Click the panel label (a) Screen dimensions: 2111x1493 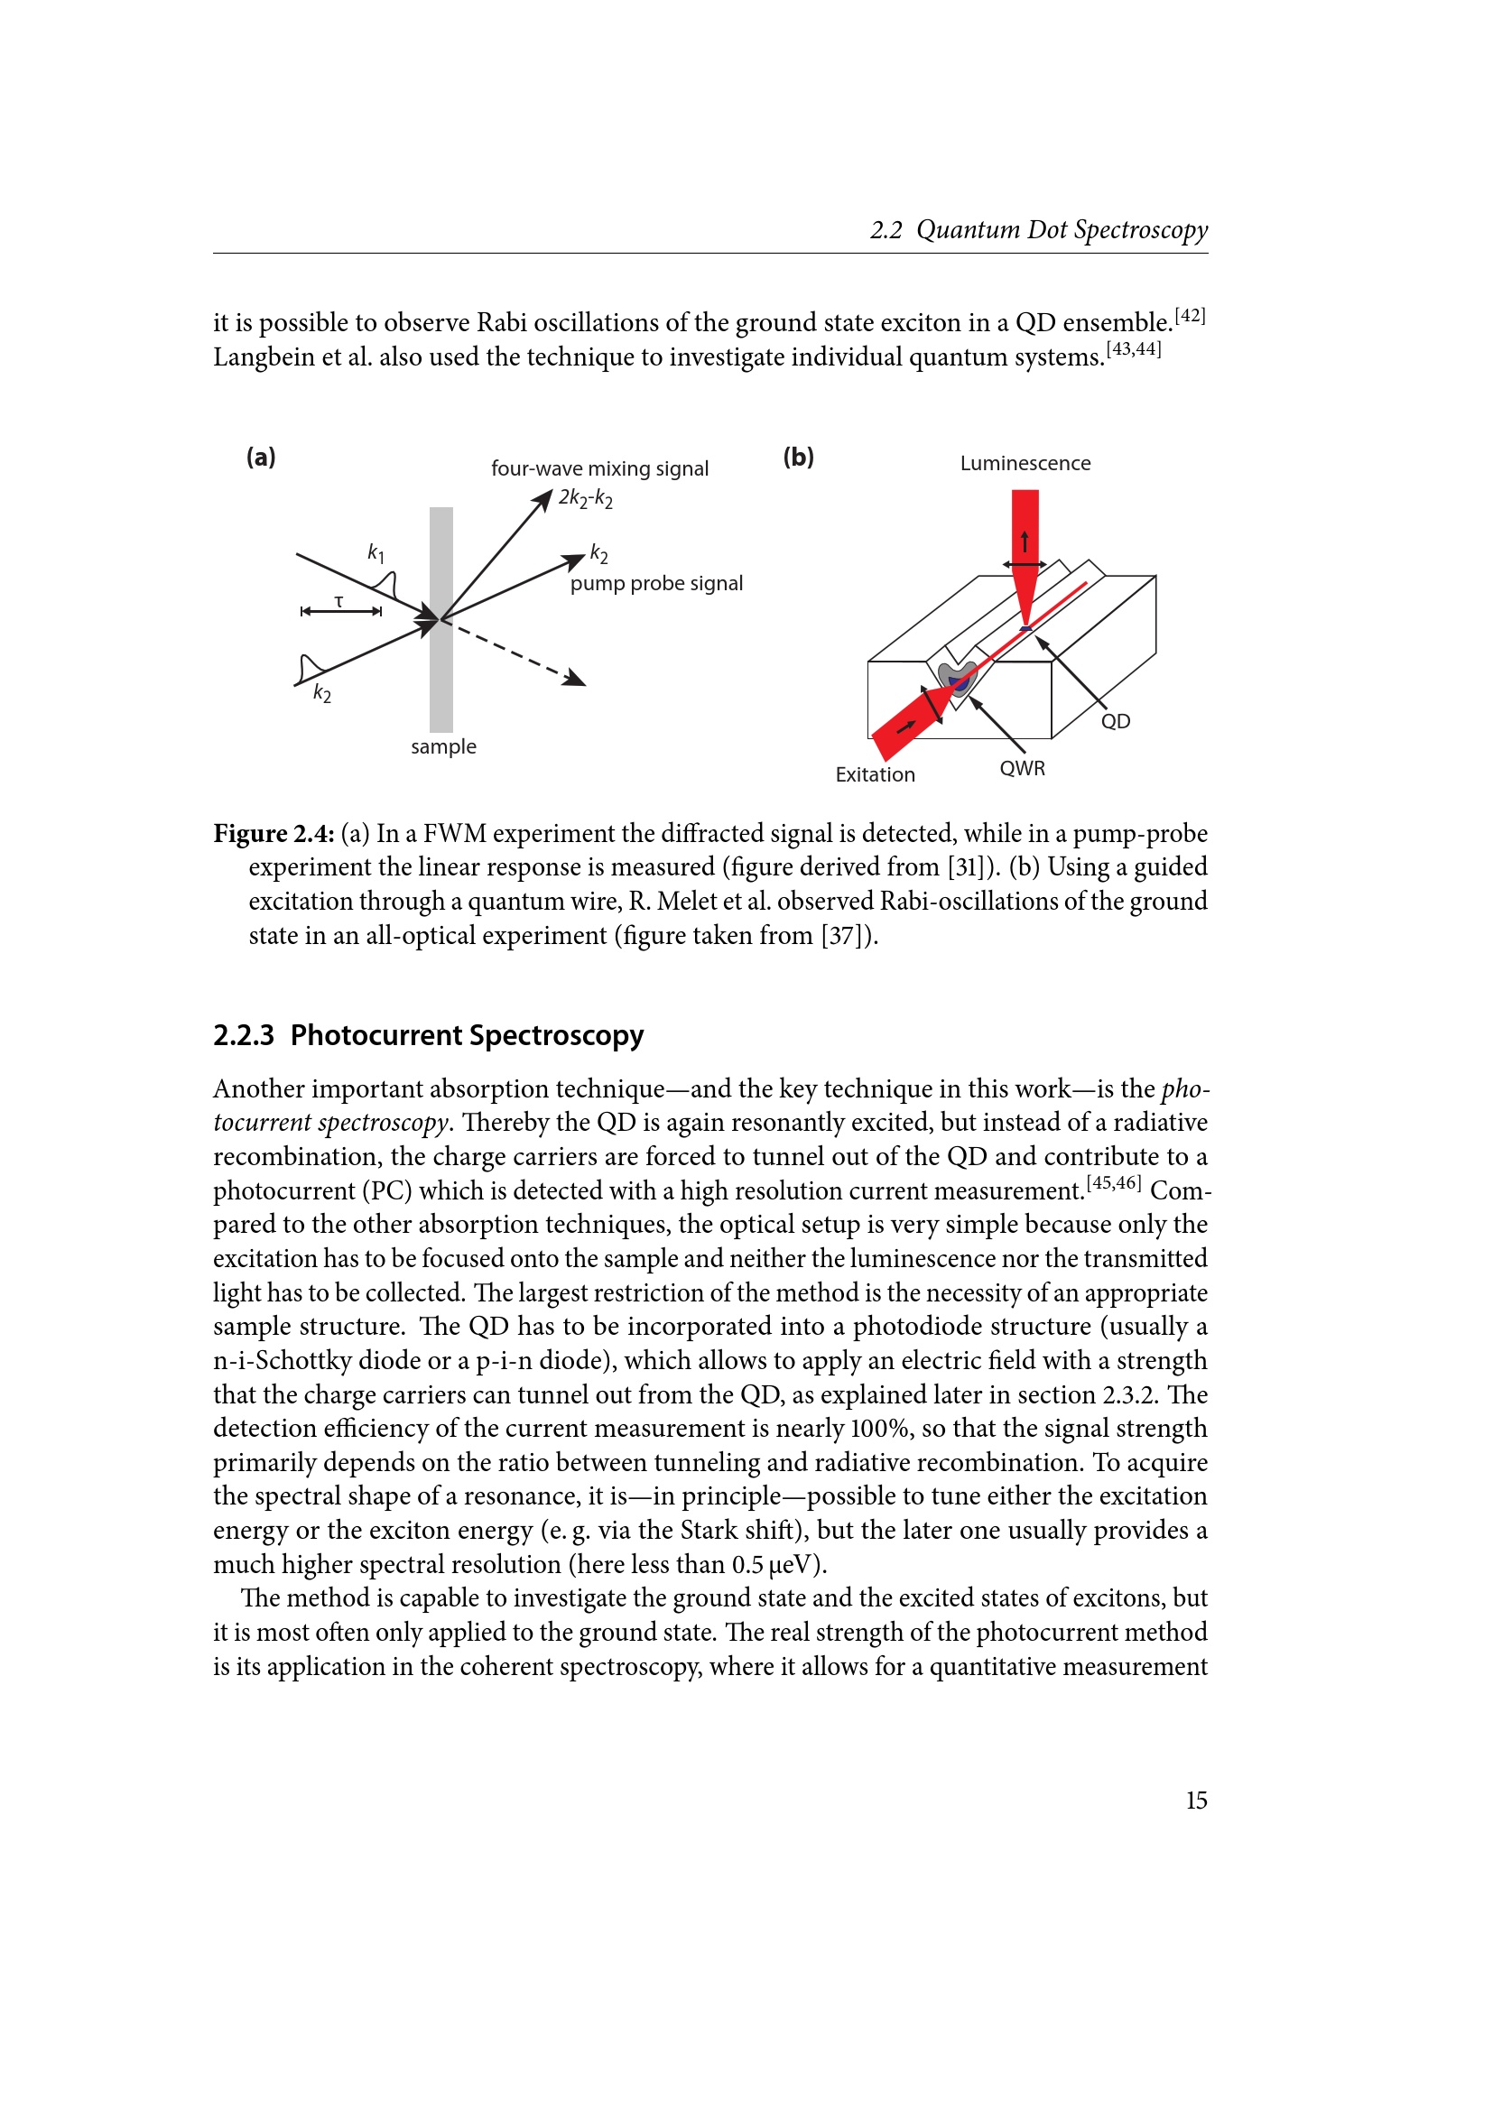pos(261,457)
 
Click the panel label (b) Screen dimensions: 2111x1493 pos(798,457)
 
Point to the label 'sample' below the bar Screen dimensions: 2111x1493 pos(443,746)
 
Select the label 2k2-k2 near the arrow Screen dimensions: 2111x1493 pos(586,498)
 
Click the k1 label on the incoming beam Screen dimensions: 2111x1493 pos(376,552)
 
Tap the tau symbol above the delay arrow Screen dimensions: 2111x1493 pos(339,601)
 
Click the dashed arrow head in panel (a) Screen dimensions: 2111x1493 pos(577,679)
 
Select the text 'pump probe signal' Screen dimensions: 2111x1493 pos(656,584)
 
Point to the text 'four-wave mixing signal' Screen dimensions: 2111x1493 pos(599,469)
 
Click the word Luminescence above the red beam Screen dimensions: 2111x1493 pos(1025,463)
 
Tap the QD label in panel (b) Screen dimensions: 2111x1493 pos(1115,722)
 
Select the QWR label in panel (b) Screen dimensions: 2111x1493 pos(1023,769)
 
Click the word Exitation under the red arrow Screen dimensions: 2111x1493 pos(876,775)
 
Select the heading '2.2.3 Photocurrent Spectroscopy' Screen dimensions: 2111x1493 pos(429,1035)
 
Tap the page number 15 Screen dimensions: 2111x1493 pos(1196,1801)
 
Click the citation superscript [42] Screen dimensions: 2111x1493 pos(1191,315)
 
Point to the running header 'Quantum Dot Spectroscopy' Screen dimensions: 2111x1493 pos(1062,230)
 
